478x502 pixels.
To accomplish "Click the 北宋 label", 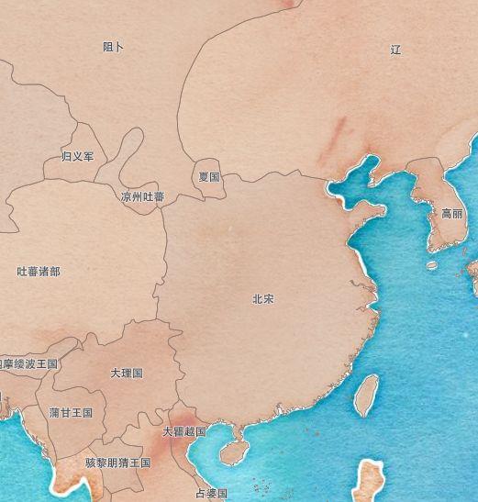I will point(263,299).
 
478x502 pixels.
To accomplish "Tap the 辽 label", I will point(395,50).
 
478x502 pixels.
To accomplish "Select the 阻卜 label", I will point(114,47).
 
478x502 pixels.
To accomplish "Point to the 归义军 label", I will point(77,157).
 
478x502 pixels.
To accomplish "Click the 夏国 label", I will point(209,176).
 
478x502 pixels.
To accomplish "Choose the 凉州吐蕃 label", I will point(142,196).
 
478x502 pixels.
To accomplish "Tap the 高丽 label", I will point(452,214).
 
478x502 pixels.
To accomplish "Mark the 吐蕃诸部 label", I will point(39,272).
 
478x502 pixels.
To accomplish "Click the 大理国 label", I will point(127,374).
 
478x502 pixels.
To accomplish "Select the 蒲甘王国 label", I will point(71,413).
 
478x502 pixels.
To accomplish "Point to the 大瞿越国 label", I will point(183,431).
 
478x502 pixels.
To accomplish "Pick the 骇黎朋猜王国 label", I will point(117,463).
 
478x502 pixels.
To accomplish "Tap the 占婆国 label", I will point(211,493).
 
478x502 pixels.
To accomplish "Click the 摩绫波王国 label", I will point(29,364).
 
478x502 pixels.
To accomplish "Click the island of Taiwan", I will point(366,394).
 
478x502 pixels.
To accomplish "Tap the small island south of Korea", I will point(432,265).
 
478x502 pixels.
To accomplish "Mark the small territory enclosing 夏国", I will point(209,189).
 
